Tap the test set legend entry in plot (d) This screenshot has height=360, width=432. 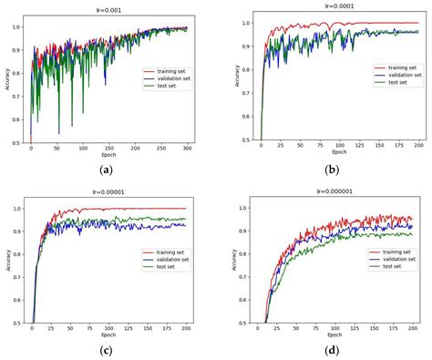390,265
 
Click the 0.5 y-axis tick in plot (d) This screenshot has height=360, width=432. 247,322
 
